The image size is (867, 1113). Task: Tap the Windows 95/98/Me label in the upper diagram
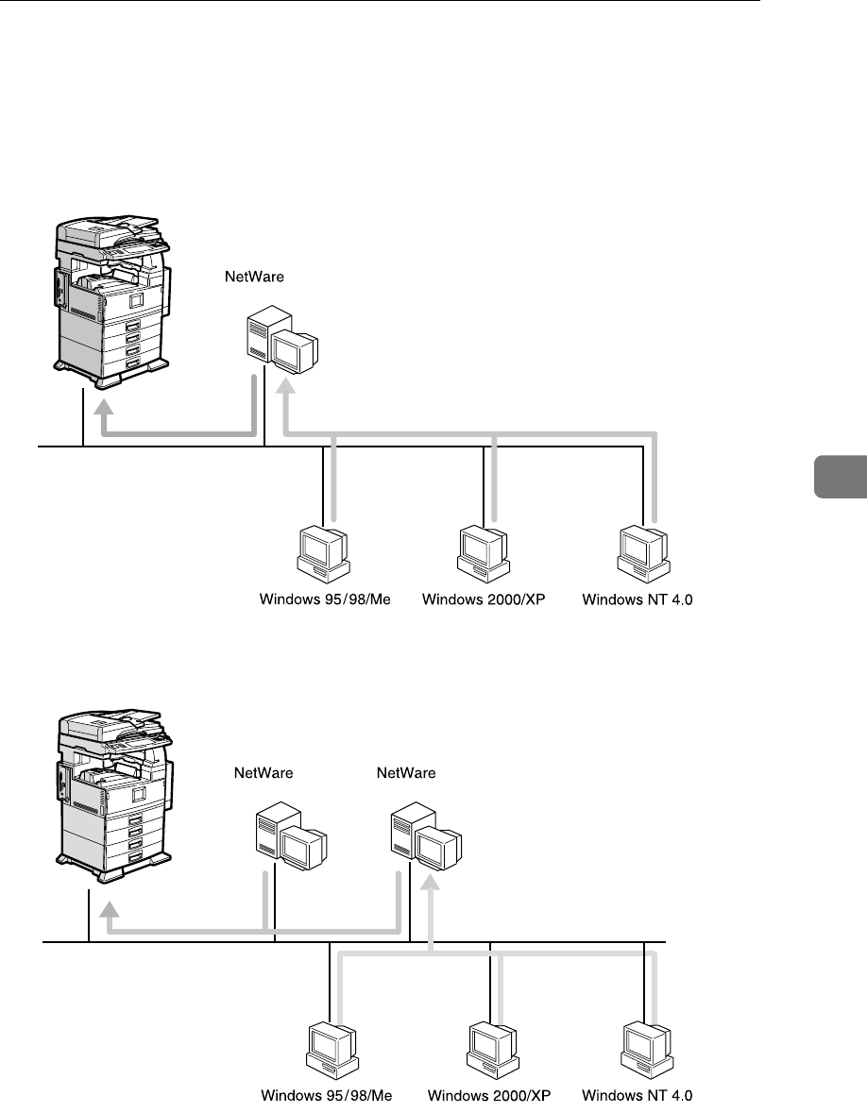click(325, 599)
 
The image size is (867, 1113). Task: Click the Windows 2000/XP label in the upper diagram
click(484, 599)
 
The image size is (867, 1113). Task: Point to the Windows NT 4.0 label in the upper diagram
click(637, 599)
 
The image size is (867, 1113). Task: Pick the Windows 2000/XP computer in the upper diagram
click(483, 553)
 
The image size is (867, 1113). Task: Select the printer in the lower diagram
click(111, 793)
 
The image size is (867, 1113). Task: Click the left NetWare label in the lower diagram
click(263, 773)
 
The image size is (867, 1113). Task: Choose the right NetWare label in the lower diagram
click(406, 773)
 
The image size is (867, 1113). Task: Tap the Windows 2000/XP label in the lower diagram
click(489, 1096)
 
